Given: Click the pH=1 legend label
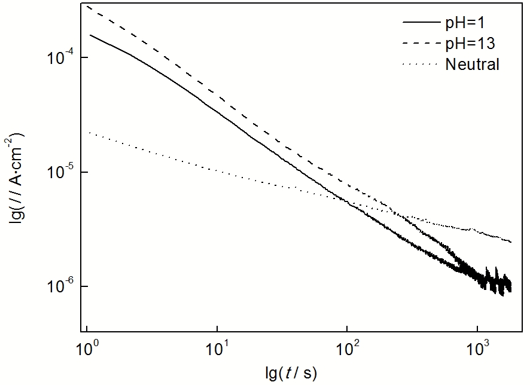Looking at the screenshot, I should pyautogui.click(x=468, y=25).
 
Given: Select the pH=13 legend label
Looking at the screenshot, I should pyautogui.click(x=471, y=44).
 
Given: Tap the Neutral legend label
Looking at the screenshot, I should pyautogui.click(x=472, y=64).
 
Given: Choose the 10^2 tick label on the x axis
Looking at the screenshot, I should pyautogui.click(x=347, y=348).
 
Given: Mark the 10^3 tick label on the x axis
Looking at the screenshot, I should pyautogui.click(x=477, y=348).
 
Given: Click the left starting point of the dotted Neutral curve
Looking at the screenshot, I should pyautogui.click(x=89, y=133).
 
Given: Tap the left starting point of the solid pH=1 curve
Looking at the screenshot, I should pyautogui.click(x=91, y=35).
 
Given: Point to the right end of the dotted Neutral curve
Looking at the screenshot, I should pyautogui.click(x=510, y=242).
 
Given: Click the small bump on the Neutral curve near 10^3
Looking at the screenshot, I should pyautogui.click(x=473, y=230).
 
